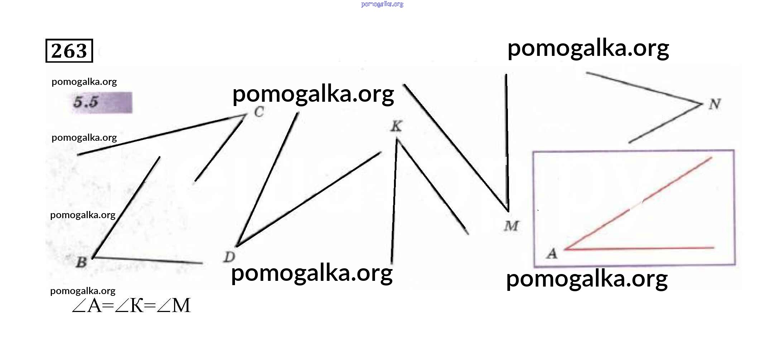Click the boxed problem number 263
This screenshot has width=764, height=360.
69,51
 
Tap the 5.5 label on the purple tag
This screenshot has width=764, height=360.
86,102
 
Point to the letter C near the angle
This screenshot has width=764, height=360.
259,112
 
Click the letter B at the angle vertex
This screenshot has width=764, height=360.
81,262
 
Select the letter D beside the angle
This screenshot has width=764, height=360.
229,257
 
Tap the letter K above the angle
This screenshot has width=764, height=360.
396,126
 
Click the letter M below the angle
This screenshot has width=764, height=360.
511,226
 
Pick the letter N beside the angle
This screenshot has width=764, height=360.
715,104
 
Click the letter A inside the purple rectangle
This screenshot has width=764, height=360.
552,254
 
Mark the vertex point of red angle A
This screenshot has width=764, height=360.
565,249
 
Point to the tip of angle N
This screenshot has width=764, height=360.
702,104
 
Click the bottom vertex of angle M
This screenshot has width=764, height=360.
508,211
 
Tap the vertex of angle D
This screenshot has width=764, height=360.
237,246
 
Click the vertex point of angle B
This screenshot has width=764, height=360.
92,258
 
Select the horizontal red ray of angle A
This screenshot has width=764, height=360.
639,248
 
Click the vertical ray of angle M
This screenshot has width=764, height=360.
507,143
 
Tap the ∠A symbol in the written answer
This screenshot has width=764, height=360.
87,306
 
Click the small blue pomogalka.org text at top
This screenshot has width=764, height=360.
382,4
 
